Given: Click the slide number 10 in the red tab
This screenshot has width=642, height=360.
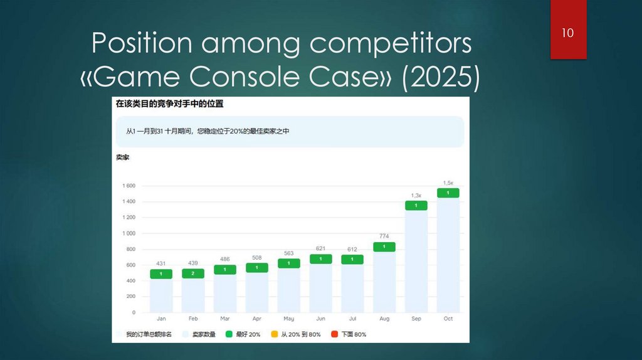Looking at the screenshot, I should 567,33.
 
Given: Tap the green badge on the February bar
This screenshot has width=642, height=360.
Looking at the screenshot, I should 193,273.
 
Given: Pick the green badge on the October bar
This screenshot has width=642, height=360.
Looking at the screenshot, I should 448,193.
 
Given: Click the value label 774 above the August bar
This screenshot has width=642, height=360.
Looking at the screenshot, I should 384,236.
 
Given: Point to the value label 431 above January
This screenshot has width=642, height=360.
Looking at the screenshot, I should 160,263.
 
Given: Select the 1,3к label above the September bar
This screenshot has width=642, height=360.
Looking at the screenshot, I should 416,195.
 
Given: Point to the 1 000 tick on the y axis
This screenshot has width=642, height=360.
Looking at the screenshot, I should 129,233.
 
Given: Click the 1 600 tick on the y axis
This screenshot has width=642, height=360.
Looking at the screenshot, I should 129,186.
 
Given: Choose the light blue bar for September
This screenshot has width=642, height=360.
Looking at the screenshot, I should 416,261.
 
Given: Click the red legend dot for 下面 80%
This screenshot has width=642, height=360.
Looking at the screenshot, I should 334,334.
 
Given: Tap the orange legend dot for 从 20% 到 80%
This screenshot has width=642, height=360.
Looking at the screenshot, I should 274,334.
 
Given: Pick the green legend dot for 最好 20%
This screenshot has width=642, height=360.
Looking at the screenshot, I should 229,334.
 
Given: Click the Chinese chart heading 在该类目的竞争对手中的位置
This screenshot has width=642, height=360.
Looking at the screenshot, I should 169,103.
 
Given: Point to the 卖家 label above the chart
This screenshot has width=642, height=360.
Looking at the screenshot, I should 122,157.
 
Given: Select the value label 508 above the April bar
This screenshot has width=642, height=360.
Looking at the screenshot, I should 256,257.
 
